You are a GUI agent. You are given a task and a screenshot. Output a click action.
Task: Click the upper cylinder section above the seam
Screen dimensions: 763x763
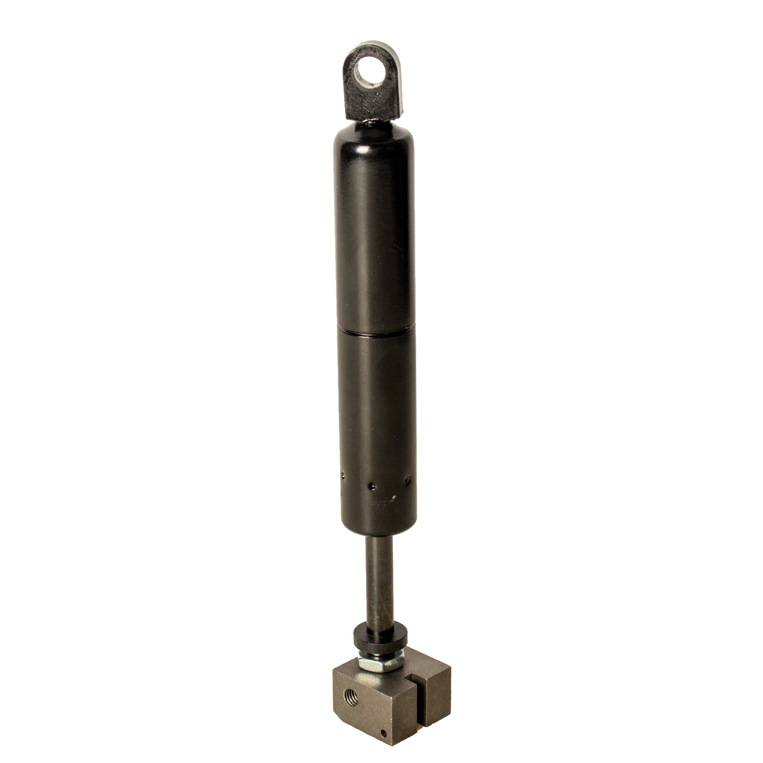point(369,237)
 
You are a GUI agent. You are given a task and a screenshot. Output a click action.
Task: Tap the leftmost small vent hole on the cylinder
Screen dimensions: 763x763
point(344,475)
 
